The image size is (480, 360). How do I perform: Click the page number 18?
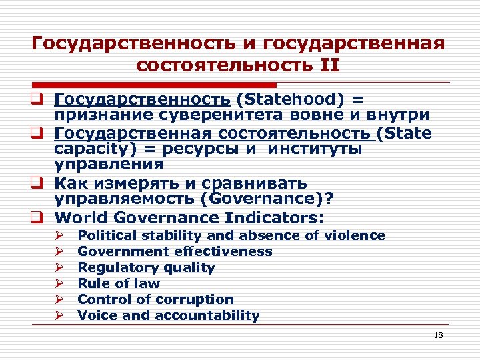tap(438, 335)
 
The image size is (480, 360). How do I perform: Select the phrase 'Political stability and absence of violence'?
tap(231, 235)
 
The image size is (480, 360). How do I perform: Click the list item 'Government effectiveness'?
tap(175, 251)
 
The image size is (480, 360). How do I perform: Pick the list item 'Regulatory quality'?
tap(146, 267)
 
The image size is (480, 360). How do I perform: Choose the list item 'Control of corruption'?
tap(155, 299)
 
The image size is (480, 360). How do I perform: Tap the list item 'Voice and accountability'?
tap(169, 315)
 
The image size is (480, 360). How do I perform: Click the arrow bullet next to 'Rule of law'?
tap(59, 283)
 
